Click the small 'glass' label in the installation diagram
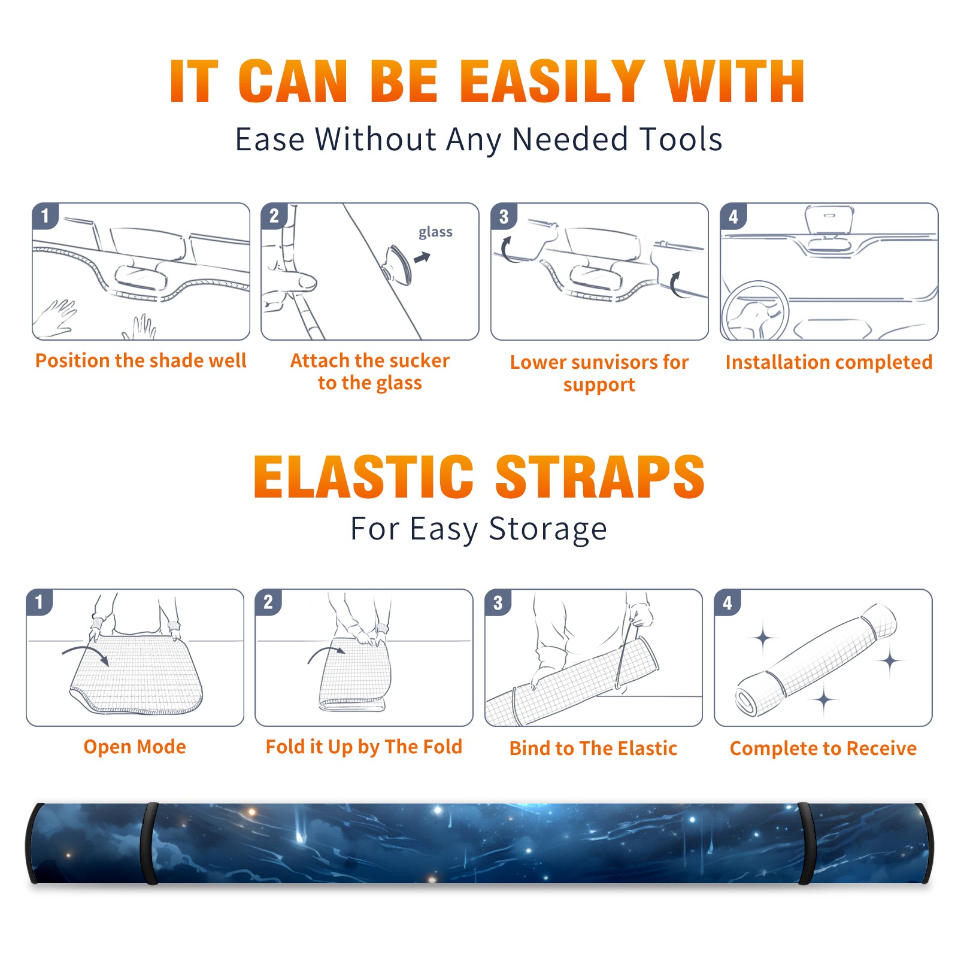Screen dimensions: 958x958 (435, 232)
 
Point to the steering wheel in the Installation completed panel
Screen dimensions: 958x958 (756, 311)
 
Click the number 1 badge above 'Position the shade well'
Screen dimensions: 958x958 (46, 215)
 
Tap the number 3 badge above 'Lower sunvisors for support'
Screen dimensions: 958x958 (504, 216)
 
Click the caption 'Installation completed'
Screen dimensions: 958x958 (829, 362)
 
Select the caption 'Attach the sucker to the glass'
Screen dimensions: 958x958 (370, 371)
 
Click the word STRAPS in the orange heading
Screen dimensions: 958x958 (600, 477)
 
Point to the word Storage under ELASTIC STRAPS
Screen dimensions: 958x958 (548, 530)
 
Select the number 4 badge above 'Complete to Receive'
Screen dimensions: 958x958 (727, 602)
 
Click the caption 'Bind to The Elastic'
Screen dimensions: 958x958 (593, 748)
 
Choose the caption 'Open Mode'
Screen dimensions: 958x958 (135, 747)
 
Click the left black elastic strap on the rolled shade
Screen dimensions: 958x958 (149, 843)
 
